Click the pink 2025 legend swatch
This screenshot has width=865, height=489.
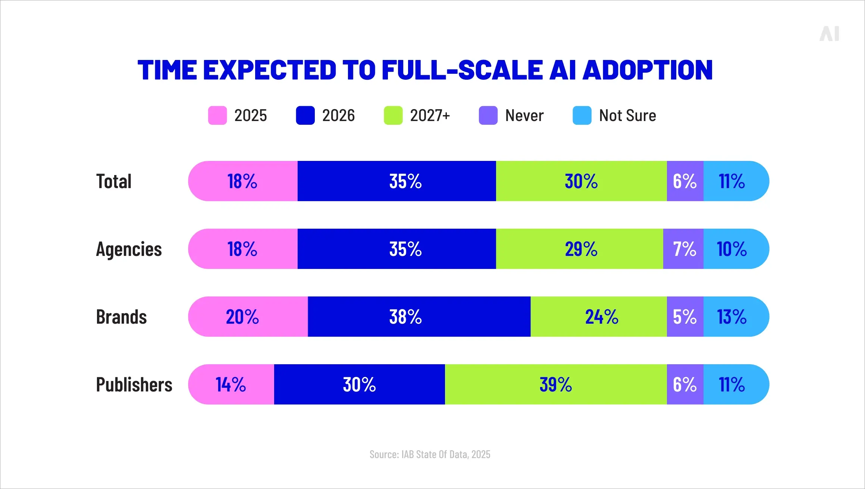[x=217, y=115]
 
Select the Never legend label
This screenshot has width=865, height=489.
[x=524, y=115]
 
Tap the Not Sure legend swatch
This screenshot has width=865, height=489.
[x=582, y=115]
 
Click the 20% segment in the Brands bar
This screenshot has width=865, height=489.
[x=242, y=317]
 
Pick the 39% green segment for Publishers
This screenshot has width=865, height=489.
[x=556, y=385]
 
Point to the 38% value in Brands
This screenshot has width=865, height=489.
[x=405, y=317]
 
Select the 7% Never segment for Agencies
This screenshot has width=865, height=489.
[x=684, y=249]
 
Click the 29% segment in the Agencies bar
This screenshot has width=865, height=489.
[x=581, y=249]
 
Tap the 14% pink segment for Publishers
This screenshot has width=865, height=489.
[x=231, y=385]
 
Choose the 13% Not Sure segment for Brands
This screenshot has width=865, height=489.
[x=732, y=317]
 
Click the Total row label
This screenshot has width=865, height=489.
[x=114, y=181]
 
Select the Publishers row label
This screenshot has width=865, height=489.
[x=134, y=385]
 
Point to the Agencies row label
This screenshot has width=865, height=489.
[x=129, y=249]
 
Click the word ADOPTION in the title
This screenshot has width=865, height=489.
[x=648, y=70]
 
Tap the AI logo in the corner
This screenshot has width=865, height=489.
[x=829, y=34]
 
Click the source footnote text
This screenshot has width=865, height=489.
[x=430, y=454]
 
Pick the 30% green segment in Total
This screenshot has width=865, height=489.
[x=581, y=181]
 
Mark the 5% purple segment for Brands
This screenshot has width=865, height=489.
[x=684, y=317]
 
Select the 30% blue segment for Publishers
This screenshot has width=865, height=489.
[x=359, y=385]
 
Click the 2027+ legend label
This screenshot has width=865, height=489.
[x=430, y=115]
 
